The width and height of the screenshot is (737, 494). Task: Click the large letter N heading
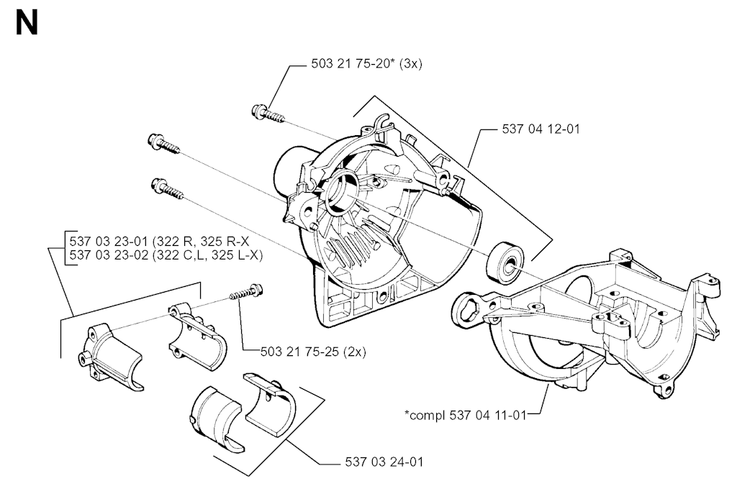coord(27,24)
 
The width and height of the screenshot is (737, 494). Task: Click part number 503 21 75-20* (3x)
coord(366,64)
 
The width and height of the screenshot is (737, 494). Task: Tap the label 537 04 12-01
coord(541,129)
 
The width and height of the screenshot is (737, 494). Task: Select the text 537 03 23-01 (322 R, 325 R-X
coord(159,242)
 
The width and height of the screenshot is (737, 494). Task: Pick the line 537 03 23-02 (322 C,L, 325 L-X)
coord(166,255)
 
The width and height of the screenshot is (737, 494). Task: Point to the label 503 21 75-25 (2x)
coord(313,351)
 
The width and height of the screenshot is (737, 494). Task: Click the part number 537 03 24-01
coord(384,462)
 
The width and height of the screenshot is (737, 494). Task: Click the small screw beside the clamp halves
coord(245,292)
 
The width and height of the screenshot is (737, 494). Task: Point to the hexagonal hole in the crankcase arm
coord(466,309)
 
